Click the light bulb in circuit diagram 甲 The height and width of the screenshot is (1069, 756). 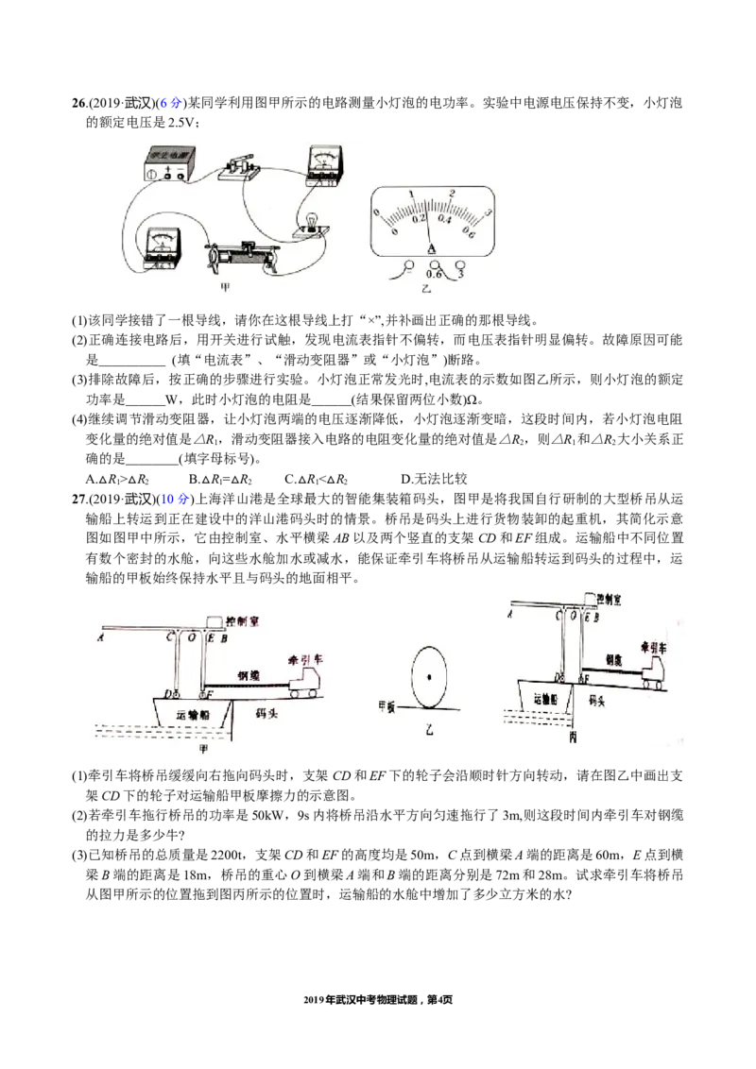[x=312, y=221]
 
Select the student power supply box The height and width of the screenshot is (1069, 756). [x=165, y=165]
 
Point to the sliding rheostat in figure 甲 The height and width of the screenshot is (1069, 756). [x=243, y=256]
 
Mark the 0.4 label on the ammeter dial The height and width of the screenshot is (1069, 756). [x=445, y=219]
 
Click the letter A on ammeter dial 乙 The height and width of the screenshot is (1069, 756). [x=431, y=249]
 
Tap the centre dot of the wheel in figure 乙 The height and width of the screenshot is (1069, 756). [x=429, y=676]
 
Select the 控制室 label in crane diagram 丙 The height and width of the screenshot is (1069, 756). [x=609, y=600]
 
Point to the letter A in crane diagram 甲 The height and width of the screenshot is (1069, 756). [x=100, y=637]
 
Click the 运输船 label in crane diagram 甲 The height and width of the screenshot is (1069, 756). [x=193, y=715]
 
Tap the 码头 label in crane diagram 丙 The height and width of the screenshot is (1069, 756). [x=597, y=700]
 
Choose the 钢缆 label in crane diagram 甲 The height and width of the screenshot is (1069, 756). [x=249, y=675]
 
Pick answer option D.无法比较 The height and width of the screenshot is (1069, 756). [x=434, y=479]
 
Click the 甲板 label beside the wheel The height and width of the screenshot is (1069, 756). [x=387, y=705]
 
